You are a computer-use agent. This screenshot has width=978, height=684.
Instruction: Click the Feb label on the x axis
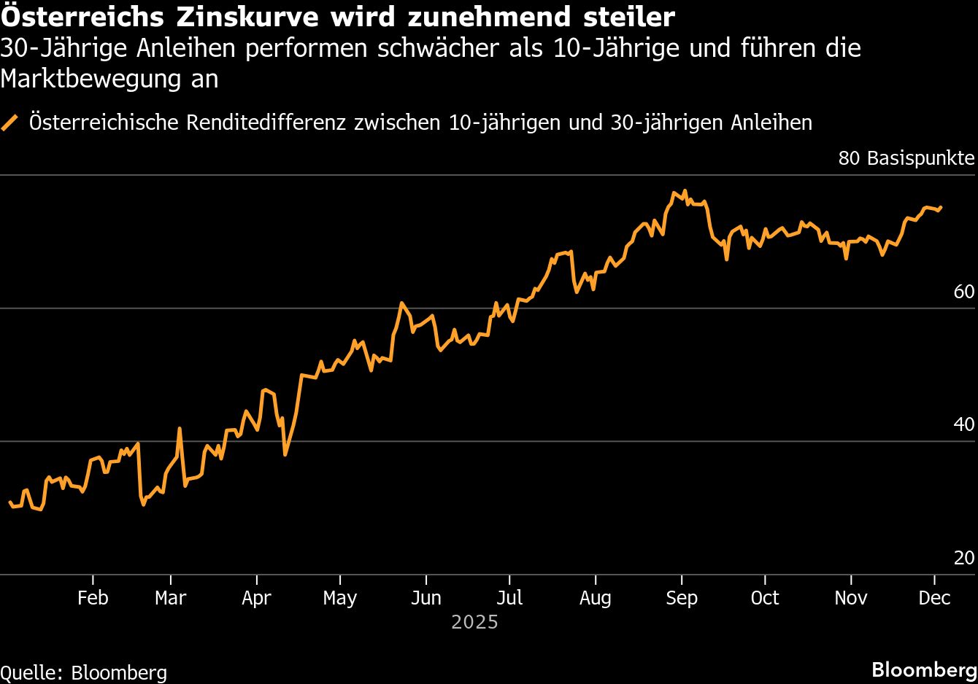tap(93, 598)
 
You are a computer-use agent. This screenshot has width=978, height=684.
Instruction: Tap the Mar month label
tap(170, 598)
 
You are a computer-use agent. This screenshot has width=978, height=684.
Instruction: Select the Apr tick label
tap(256, 598)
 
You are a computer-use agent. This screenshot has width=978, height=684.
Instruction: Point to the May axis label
tap(339, 599)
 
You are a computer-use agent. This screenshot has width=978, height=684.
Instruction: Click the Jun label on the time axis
tap(426, 598)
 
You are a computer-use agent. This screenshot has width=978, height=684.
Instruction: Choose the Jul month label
tap(509, 598)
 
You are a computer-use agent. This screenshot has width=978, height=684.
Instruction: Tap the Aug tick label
tap(595, 599)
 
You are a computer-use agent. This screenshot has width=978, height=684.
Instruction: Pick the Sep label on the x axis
tap(681, 599)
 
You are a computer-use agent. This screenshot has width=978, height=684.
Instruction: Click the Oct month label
tap(765, 598)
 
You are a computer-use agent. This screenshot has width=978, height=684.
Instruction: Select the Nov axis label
tap(850, 598)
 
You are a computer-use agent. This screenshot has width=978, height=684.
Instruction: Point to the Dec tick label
tap(934, 598)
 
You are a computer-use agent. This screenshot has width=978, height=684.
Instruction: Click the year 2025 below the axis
tap(474, 622)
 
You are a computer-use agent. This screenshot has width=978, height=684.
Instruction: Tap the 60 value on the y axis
tap(964, 292)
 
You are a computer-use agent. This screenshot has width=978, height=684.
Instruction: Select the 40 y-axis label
tap(964, 424)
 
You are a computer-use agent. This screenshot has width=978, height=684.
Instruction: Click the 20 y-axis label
tap(964, 558)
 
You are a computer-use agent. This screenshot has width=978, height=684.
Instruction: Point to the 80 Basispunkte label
tap(906, 158)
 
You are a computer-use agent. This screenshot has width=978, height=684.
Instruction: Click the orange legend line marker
tap(11, 123)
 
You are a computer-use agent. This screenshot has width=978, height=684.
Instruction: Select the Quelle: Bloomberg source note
tap(84, 672)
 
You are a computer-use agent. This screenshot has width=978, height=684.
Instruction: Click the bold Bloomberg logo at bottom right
tap(924, 669)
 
